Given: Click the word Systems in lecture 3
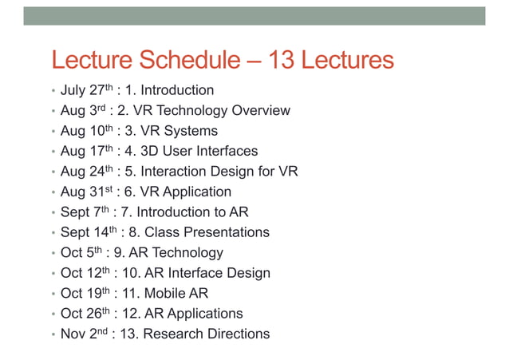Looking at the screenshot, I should [x=191, y=131].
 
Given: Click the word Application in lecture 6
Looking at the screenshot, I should [x=195, y=192].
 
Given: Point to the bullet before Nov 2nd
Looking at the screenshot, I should [x=53, y=334].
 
